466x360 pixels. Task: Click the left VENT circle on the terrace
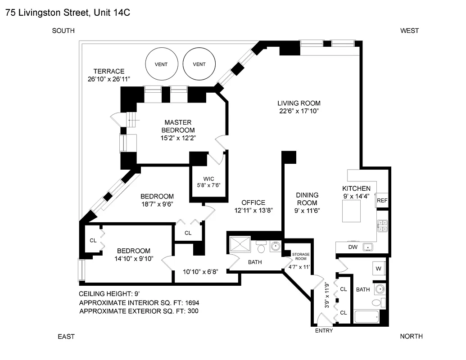[x=161, y=64]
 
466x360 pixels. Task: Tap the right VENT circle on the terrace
[x=199, y=64]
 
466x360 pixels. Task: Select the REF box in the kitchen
[x=382, y=200]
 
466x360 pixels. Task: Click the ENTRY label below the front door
[x=324, y=331]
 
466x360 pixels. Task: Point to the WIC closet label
[x=208, y=178]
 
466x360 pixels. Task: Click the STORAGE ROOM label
[x=301, y=256]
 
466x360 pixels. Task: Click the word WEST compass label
[x=410, y=31]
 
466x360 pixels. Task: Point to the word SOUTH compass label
[x=63, y=31]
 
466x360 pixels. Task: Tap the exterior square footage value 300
[x=192, y=310]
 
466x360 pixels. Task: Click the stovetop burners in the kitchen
[x=382, y=225]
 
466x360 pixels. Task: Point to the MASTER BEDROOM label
[x=178, y=126]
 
